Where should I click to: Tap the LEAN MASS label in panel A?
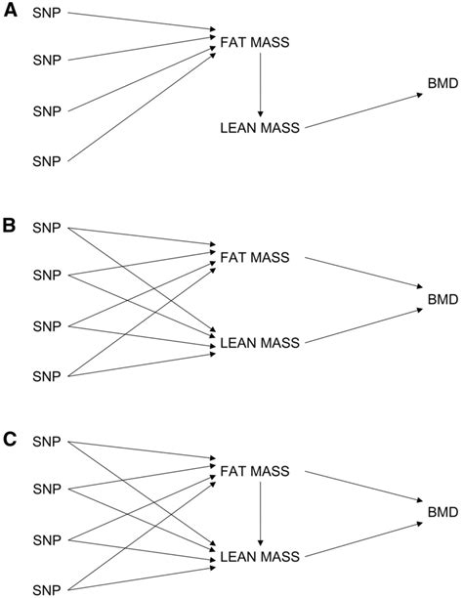coord(261,128)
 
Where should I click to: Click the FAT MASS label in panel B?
coord(257,257)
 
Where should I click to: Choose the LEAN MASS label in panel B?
coord(261,342)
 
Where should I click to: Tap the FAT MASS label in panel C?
coord(257,471)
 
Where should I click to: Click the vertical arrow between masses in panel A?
coord(260,84)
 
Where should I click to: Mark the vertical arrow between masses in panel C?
coord(260,514)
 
